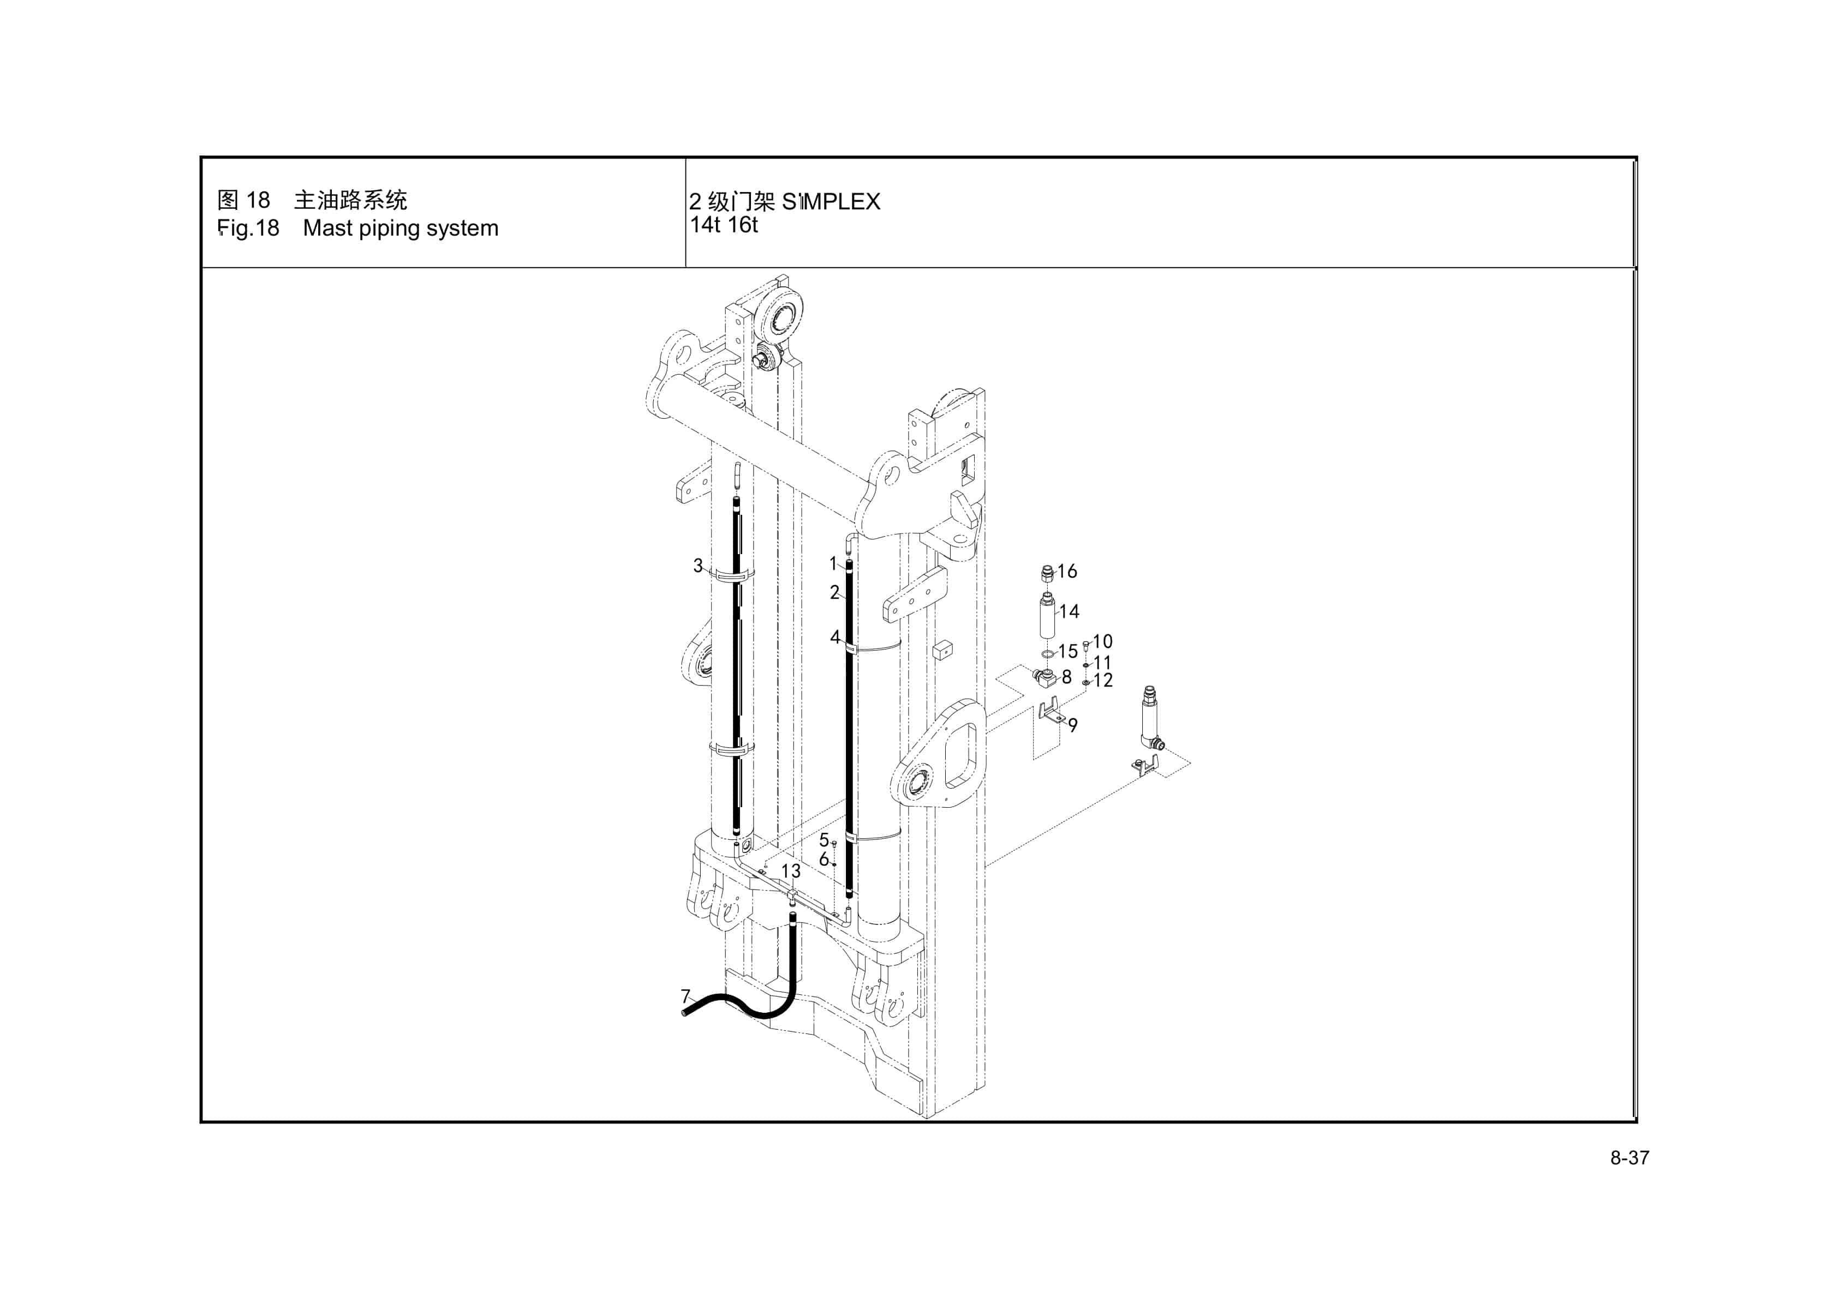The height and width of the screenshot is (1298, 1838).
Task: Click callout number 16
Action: click(1067, 572)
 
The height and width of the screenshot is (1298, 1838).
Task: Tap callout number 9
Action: click(1073, 725)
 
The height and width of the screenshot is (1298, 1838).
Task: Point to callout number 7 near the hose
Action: click(685, 996)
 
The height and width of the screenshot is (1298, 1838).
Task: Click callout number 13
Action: click(790, 870)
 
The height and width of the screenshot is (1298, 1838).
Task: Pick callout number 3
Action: click(697, 566)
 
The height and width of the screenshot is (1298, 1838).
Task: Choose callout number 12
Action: click(1103, 680)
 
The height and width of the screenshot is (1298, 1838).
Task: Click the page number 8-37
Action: click(1630, 1158)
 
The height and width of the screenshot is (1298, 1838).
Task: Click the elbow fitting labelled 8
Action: click(1045, 678)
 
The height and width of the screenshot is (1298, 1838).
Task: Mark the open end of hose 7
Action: click(684, 1012)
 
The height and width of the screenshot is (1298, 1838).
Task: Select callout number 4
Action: click(835, 638)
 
